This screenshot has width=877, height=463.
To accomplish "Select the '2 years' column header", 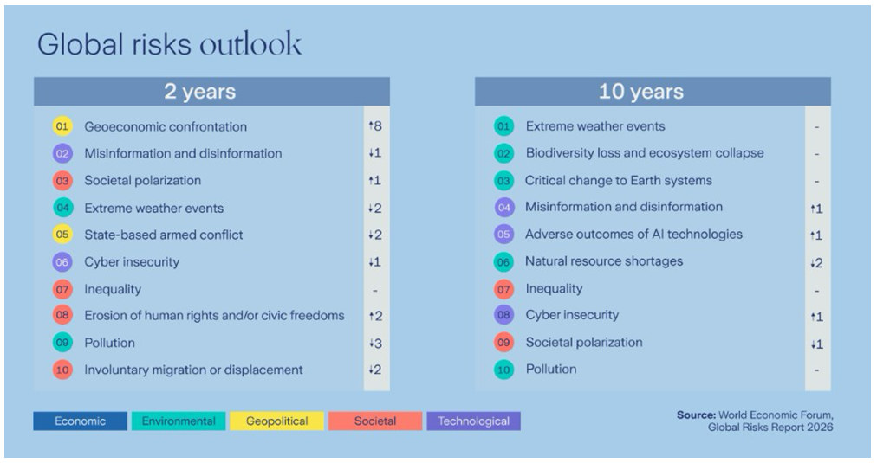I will pyautogui.click(x=200, y=92).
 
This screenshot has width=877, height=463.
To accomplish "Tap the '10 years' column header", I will pyautogui.click(x=641, y=92).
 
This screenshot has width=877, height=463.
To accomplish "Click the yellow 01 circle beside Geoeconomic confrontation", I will pyautogui.click(x=62, y=126).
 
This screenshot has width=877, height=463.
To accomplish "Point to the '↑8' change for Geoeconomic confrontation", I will pyautogui.click(x=374, y=126).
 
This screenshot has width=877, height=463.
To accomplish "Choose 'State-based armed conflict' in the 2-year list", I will pyautogui.click(x=164, y=235).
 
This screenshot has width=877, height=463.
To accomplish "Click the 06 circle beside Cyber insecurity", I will pyautogui.click(x=62, y=262).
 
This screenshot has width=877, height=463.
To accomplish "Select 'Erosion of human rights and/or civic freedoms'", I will pyautogui.click(x=214, y=316).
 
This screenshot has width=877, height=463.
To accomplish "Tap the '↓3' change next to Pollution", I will pyautogui.click(x=374, y=344).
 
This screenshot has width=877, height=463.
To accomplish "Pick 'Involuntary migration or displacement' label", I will pyautogui.click(x=193, y=370).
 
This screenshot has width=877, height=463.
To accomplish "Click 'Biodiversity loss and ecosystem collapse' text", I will pyautogui.click(x=645, y=153).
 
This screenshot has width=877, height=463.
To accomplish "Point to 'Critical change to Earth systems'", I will pyautogui.click(x=619, y=180).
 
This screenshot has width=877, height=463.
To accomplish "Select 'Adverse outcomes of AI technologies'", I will pyautogui.click(x=633, y=234).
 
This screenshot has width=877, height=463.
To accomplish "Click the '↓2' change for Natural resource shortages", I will pyautogui.click(x=815, y=262).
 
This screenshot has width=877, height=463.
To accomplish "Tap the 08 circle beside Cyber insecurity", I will pyautogui.click(x=503, y=315).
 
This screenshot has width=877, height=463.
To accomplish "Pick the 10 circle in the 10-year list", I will pyautogui.click(x=503, y=370).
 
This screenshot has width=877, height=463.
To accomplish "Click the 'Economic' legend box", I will pyautogui.click(x=80, y=421).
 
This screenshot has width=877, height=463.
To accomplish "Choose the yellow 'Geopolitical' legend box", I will pyautogui.click(x=276, y=421).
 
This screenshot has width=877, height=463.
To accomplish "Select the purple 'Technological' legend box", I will pyautogui.click(x=473, y=421).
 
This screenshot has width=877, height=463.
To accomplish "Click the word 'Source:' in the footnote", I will pyautogui.click(x=697, y=415).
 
